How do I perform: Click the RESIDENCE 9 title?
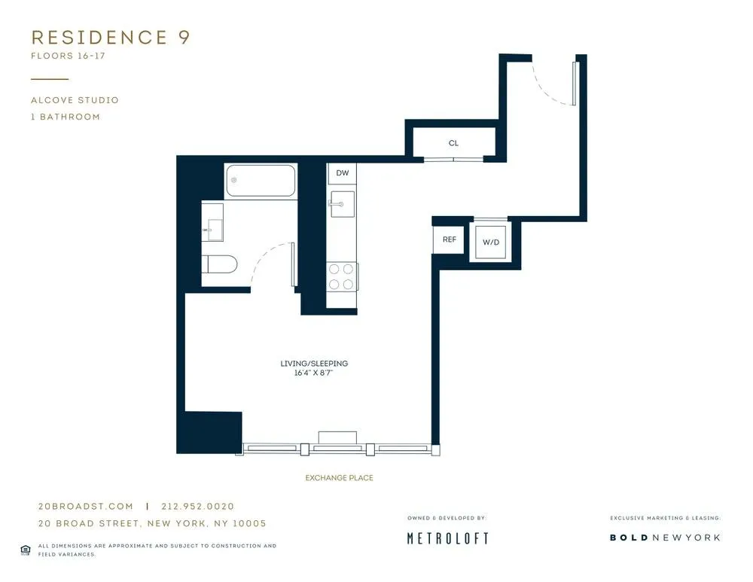[110, 38]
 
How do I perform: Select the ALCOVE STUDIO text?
[75, 100]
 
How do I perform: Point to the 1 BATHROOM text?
[66, 117]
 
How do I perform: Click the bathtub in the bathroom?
[261, 181]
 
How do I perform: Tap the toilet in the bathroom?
[219, 264]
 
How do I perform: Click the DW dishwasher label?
[343, 173]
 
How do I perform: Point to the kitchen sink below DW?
[342, 203]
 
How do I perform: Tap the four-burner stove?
[342, 276]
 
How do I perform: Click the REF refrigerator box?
[450, 239]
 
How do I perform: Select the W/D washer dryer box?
[490, 242]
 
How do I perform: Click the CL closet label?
[453, 143]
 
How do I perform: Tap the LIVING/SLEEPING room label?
[314, 364]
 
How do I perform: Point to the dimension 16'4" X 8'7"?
[314, 373]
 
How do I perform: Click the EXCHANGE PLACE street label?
[339, 478]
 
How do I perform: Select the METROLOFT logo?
[447, 538]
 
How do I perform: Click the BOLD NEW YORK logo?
[664, 538]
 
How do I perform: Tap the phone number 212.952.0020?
[198, 507]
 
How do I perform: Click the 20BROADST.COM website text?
[85, 507]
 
